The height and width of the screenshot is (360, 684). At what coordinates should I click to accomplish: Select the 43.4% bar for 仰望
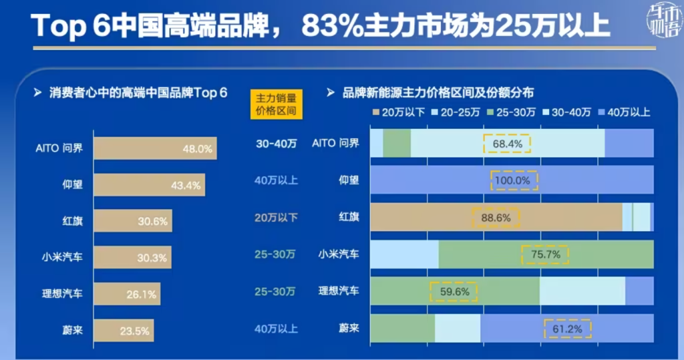(149, 185)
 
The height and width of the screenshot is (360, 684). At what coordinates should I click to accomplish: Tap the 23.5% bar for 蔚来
(124, 329)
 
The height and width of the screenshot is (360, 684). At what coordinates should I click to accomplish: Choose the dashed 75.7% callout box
(544, 254)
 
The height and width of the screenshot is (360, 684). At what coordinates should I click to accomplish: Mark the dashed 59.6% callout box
(455, 291)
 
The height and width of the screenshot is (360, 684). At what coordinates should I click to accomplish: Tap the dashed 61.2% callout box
(568, 329)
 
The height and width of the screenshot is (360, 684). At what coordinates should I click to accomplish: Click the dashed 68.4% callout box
(506, 144)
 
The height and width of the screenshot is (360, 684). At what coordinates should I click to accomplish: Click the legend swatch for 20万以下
(377, 112)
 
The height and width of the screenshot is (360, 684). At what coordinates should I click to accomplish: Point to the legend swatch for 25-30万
(491, 112)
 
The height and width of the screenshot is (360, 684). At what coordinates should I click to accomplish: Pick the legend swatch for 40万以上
(603, 112)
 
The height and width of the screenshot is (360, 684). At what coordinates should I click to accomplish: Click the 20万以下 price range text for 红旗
(275, 217)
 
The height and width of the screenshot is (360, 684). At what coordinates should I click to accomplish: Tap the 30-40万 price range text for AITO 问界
(275, 144)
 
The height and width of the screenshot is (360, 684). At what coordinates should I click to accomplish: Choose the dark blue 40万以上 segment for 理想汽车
(639, 291)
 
